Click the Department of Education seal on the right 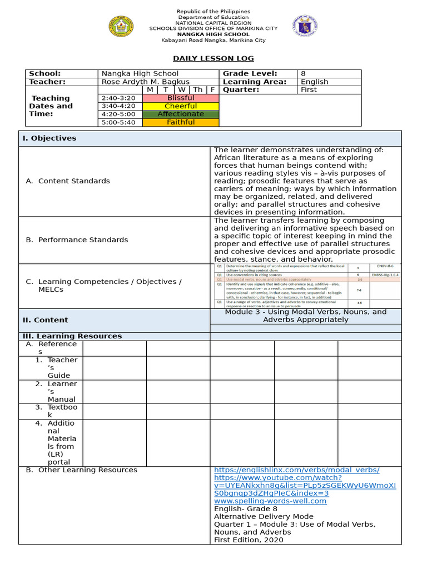tap(305, 26)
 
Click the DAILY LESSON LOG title tap(213, 58)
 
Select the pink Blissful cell tap(181, 98)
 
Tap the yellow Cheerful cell tap(181, 106)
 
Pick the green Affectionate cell tap(181, 114)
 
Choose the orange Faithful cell tap(181, 122)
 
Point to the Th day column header tap(197, 89)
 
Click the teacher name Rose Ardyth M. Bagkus tap(145, 82)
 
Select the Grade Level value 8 tap(303, 73)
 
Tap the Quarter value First tap(309, 89)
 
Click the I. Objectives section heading tap(49, 138)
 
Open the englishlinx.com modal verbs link tap(297, 470)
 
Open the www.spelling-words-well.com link tap(270, 501)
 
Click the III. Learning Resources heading tap(72, 336)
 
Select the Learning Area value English tap(314, 82)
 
